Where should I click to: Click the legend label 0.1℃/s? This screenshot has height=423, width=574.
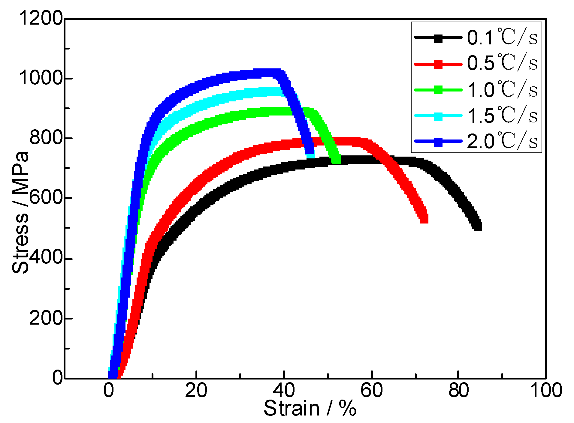[x=502, y=37]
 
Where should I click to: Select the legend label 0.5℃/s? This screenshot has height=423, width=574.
[x=502, y=63]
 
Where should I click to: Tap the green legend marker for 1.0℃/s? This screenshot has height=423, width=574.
[x=438, y=90]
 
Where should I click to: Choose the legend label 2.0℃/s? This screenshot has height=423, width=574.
[x=502, y=141]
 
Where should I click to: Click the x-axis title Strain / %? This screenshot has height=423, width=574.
[x=310, y=409]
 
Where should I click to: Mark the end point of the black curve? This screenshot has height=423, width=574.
[x=478, y=226]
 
